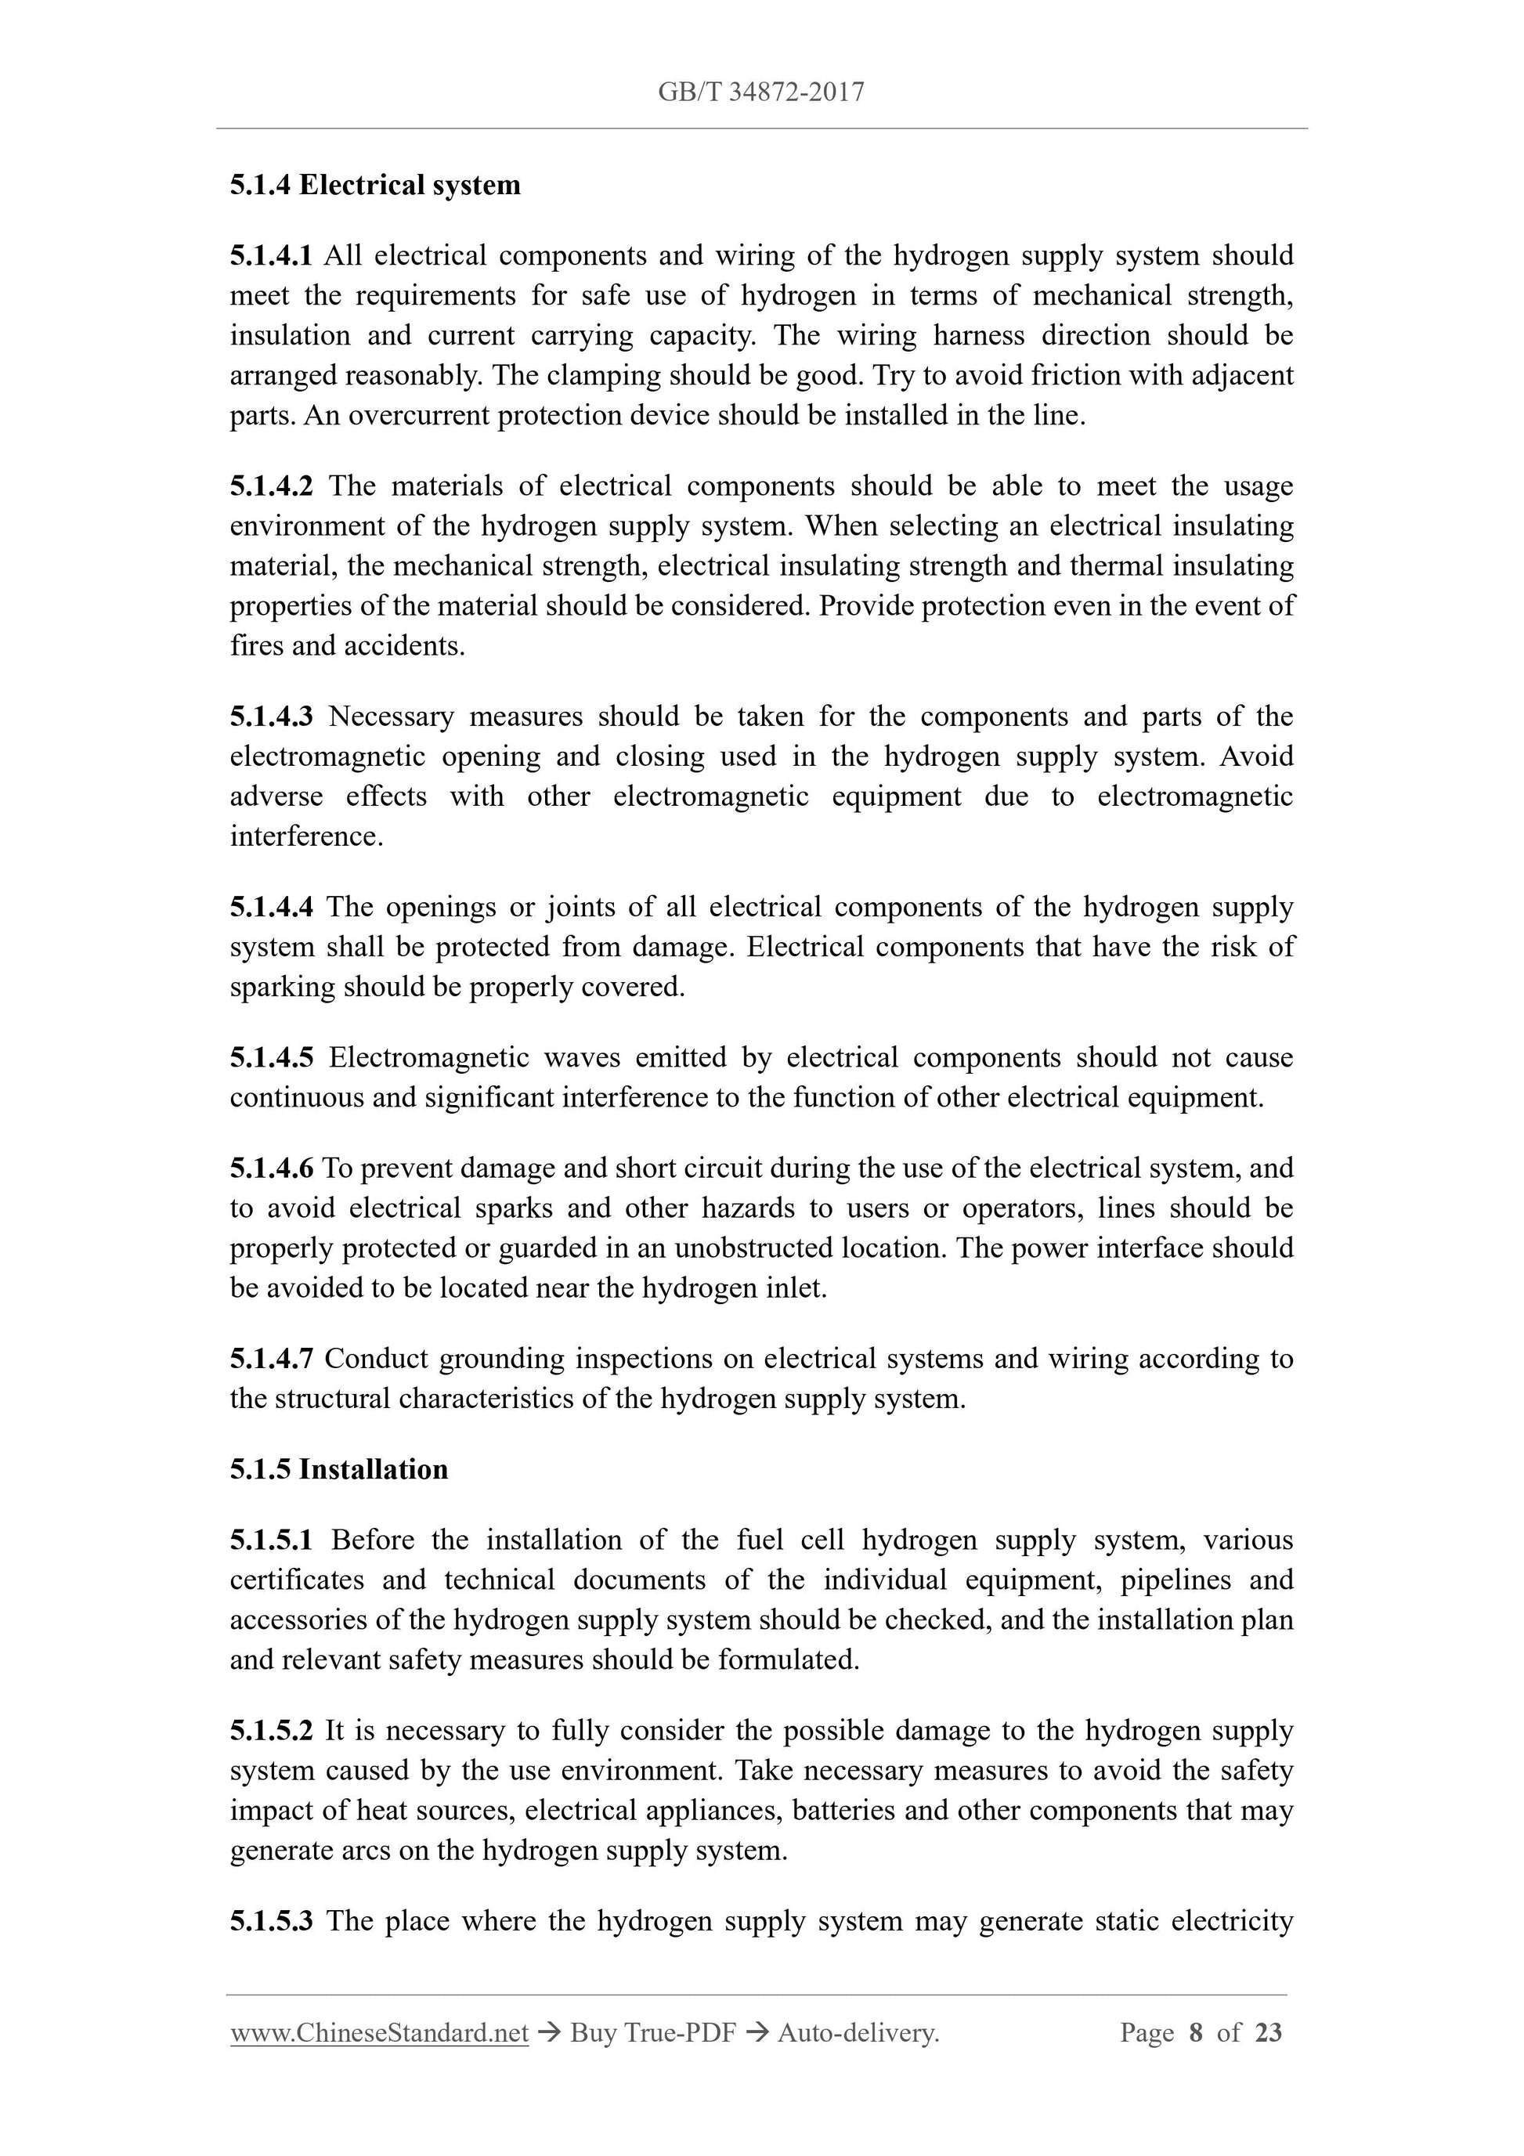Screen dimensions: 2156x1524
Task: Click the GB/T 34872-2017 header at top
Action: click(x=760, y=92)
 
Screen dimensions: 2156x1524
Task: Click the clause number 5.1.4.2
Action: click(x=272, y=486)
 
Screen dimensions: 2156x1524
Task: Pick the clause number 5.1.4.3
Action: click(x=272, y=717)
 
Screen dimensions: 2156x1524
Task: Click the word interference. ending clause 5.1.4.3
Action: click(x=306, y=836)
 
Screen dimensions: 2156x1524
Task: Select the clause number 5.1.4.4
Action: click(x=272, y=907)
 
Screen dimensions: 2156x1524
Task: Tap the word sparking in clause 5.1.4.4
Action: click(x=283, y=987)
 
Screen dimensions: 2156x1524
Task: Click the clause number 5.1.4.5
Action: click(x=272, y=1057)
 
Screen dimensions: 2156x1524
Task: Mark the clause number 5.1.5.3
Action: click(x=272, y=1920)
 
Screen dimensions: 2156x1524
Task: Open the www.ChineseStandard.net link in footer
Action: click(x=379, y=2033)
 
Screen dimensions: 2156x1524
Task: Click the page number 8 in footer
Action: click(x=1195, y=2033)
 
